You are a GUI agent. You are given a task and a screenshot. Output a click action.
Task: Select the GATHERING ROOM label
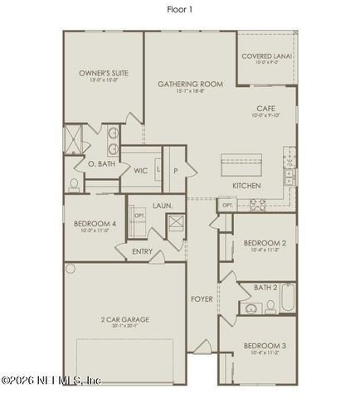pos(191,85)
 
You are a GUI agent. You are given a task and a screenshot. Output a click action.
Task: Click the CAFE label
pos(265,109)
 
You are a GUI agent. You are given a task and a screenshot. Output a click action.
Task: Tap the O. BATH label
pos(102,164)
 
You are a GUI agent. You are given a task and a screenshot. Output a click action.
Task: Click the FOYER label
pos(202,298)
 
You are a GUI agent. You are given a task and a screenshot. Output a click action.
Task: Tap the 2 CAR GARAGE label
pos(126,319)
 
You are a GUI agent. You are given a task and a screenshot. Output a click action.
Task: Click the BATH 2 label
pos(265,287)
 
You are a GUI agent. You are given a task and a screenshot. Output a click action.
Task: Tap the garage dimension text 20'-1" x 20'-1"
pos(126,327)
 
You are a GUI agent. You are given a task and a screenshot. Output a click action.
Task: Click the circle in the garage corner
pos(71,268)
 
